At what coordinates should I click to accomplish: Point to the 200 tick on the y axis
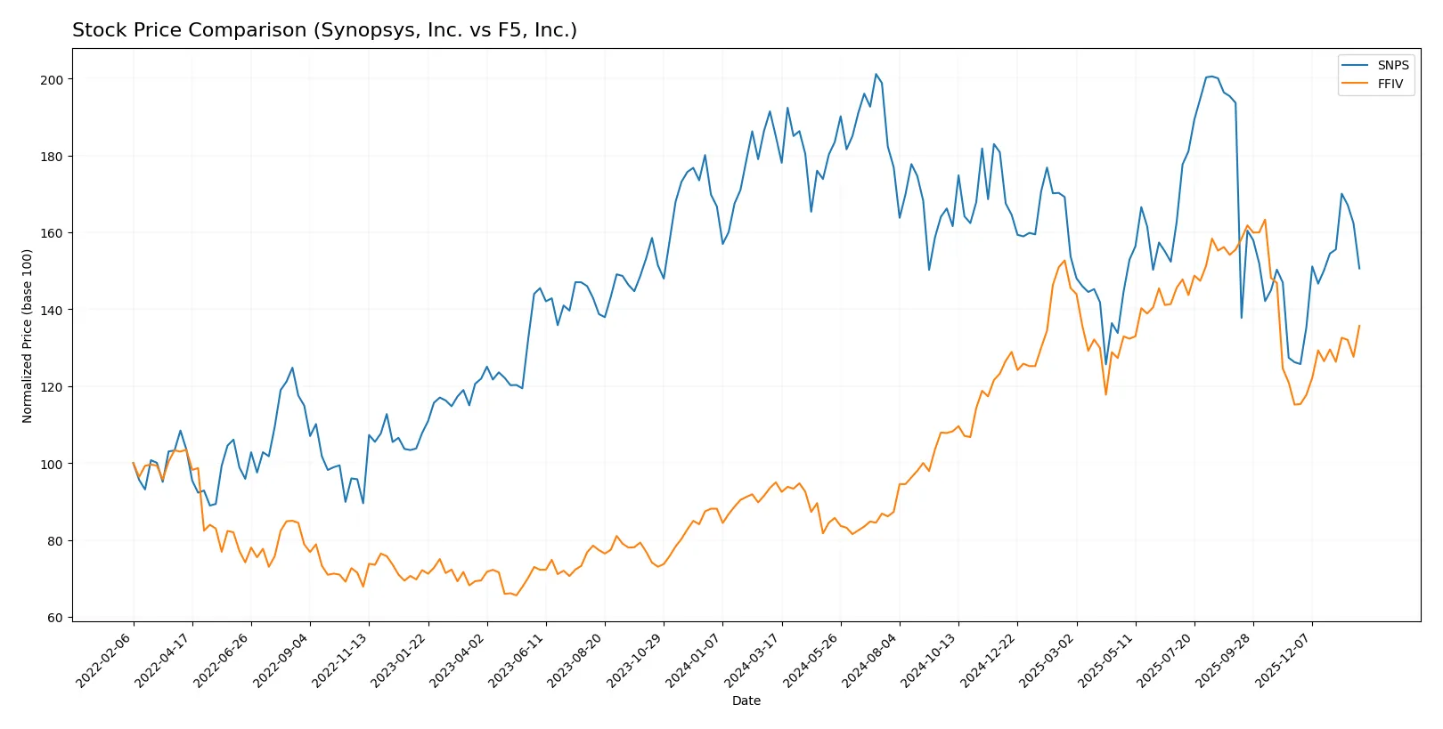click(53, 80)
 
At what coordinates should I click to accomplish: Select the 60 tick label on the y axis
click(56, 618)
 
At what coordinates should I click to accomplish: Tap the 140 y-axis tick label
click(53, 311)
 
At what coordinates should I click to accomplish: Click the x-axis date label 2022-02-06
click(105, 660)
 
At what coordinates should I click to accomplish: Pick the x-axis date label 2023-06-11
click(518, 660)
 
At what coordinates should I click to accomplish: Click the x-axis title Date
click(746, 701)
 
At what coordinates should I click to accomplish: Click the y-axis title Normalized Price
click(28, 336)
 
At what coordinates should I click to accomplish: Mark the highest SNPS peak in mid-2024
click(876, 75)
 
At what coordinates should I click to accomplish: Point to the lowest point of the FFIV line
click(516, 595)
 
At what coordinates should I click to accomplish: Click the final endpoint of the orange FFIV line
click(1359, 326)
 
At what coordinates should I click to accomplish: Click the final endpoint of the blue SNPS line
click(1359, 268)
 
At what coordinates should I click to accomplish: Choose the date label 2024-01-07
click(694, 660)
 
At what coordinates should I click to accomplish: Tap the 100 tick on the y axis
click(53, 465)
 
